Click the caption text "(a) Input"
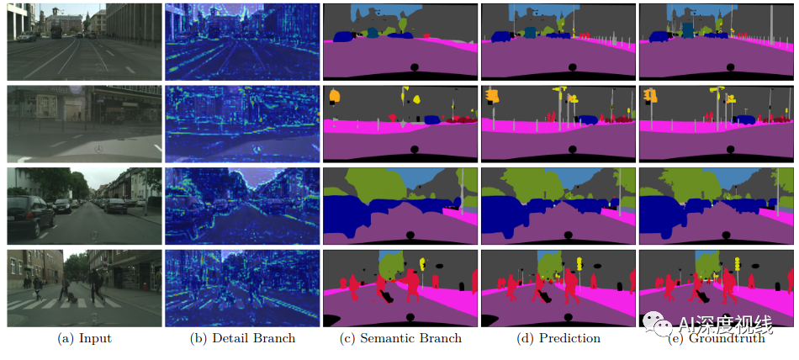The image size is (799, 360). (x=83, y=338)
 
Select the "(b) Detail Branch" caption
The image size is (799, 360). (x=242, y=338)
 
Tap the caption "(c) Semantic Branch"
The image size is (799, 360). (x=400, y=338)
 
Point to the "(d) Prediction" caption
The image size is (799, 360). (x=558, y=338)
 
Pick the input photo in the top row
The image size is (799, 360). (x=82, y=41)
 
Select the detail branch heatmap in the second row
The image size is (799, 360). (x=241, y=124)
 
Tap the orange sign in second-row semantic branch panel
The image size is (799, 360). (x=334, y=97)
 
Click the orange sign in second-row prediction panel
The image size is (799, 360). (x=493, y=96)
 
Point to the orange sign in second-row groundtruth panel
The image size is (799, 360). (x=650, y=95)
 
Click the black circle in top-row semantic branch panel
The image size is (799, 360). (x=413, y=67)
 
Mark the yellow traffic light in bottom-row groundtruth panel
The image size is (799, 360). (x=738, y=264)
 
